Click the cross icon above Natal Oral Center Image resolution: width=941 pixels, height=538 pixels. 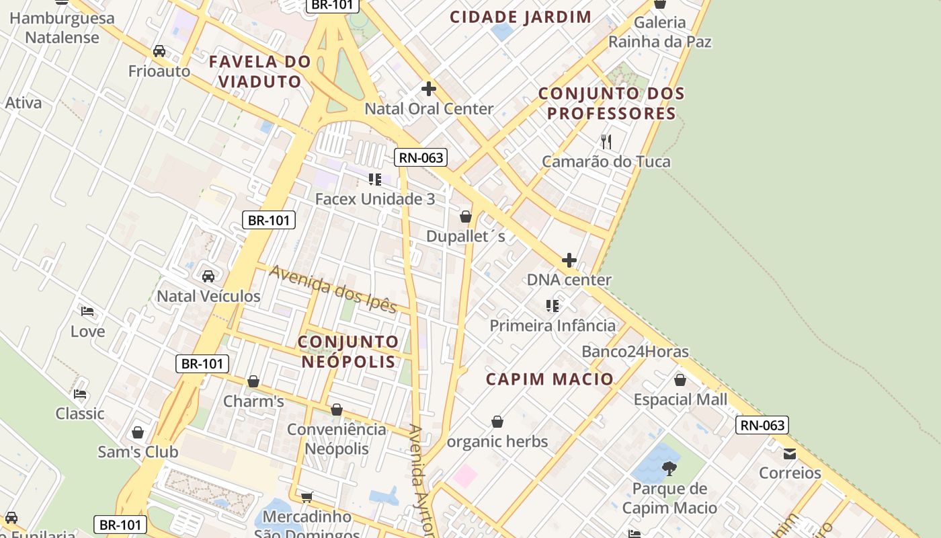click(428, 89)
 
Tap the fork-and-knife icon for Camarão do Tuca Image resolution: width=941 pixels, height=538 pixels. click(606, 141)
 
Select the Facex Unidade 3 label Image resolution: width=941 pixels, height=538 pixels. click(375, 199)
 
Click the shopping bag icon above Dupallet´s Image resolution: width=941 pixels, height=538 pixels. click(465, 217)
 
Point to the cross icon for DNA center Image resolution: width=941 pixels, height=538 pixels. click(569, 260)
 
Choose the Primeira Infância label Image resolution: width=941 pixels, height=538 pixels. click(553, 325)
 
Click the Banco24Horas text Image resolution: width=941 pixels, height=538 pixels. click(635, 352)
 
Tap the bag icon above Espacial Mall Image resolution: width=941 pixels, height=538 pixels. click(680, 380)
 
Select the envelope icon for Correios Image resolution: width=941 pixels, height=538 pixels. click(790, 454)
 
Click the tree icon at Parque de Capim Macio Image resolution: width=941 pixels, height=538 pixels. click(669, 468)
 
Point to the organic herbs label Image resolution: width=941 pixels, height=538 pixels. click(497, 442)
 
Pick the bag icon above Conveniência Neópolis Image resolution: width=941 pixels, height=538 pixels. click(337, 410)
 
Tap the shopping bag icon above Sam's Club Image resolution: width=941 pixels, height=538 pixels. click(138, 432)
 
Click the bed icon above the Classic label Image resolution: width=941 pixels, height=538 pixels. click(80, 393)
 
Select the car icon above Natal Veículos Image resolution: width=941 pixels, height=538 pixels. click(208, 276)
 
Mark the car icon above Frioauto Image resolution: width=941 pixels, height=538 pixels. click(159, 51)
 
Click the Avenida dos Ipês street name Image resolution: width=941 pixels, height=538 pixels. click(333, 289)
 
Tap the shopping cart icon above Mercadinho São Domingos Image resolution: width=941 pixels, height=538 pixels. click(306, 497)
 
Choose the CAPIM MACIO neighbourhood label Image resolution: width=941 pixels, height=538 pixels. click(550, 379)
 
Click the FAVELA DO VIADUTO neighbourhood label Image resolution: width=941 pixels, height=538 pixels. click(259, 71)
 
